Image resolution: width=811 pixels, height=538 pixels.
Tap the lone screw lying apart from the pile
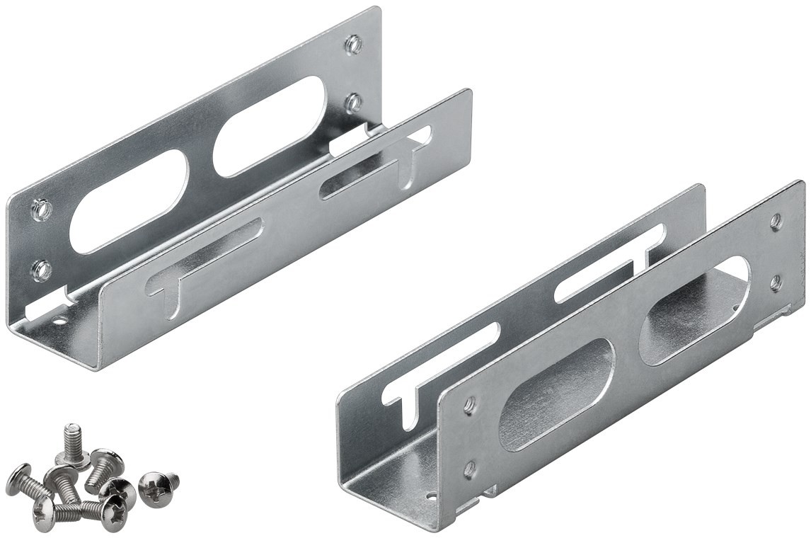156,487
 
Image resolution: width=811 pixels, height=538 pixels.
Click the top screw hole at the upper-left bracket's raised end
353,45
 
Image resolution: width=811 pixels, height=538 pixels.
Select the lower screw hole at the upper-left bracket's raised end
353,103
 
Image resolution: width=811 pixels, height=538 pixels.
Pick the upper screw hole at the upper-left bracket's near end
41,210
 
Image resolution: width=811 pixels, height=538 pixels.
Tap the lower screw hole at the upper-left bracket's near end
41,270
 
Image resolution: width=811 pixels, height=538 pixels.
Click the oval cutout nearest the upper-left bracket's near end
129,201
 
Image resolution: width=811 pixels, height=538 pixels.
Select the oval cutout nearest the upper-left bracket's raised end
270,126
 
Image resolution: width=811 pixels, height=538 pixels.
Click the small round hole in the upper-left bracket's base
59,321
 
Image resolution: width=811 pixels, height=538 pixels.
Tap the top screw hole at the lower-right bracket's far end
776,222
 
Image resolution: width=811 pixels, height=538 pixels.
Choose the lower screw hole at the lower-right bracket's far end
776,282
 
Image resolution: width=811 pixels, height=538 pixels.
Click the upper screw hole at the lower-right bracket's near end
469,406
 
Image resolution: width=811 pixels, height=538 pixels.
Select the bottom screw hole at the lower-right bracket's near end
469,469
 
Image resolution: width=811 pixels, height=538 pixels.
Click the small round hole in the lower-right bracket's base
429,497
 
